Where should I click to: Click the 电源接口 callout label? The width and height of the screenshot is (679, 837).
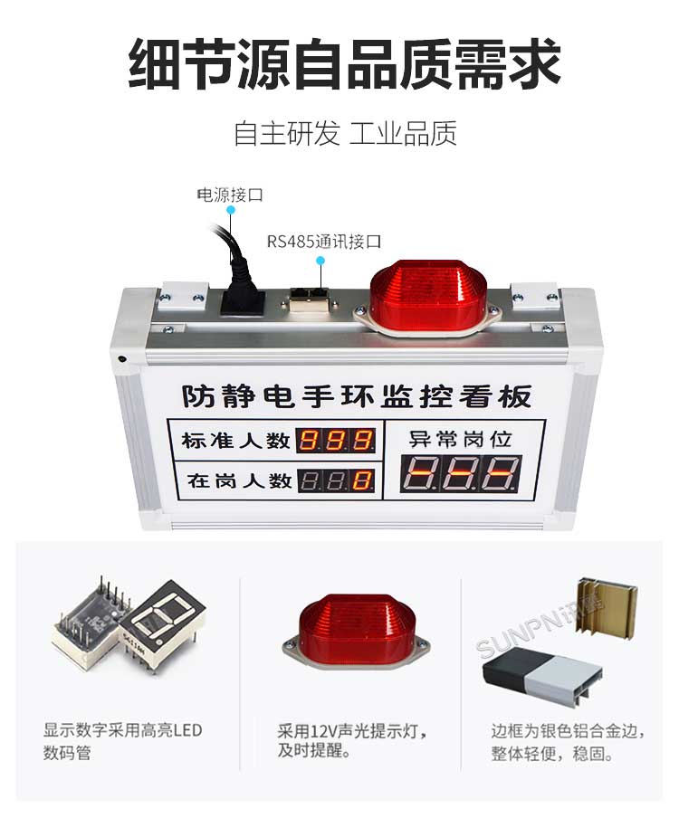(x=230, y=195)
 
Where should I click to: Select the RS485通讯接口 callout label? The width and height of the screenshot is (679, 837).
(x=323, y=242)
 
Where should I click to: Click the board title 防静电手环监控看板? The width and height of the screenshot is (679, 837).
(x=356, y=395)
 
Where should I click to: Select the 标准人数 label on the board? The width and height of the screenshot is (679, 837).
(x=235, y=441)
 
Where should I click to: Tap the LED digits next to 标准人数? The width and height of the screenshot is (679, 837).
(x=337, y=441)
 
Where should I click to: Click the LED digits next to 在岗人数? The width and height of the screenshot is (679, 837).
(x=337, y=480)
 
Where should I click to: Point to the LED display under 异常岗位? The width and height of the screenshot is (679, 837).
(x=462, y=473)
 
